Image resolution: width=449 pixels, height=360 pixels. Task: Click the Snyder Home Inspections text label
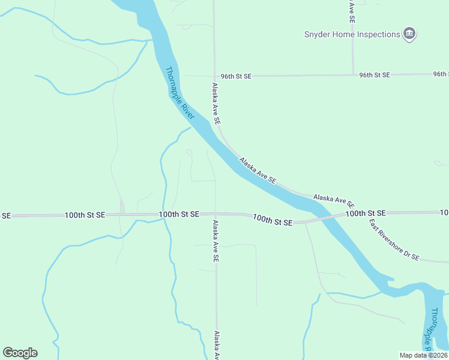(x=351, y=34)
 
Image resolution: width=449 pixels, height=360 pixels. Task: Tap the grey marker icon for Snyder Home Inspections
(x=409, y=34)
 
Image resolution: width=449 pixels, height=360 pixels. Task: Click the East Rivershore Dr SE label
(x=394, y=239)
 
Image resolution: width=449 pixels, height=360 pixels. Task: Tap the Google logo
(x=20, y=353)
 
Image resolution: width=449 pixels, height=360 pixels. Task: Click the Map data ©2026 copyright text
(x=423, y=355)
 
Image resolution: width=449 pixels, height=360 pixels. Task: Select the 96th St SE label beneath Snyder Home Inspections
(x=375, y=75)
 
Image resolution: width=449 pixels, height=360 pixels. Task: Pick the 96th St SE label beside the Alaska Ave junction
(x=236, y=76)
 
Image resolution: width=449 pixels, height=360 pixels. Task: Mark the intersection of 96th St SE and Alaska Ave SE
(x=214, y=76)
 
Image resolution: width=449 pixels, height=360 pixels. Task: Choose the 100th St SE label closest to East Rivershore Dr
(x=364, y=213)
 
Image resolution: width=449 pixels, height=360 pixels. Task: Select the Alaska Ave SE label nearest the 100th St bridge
(x=334, y=200)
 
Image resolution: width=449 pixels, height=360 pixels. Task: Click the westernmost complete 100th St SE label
(x=85, y=214)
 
